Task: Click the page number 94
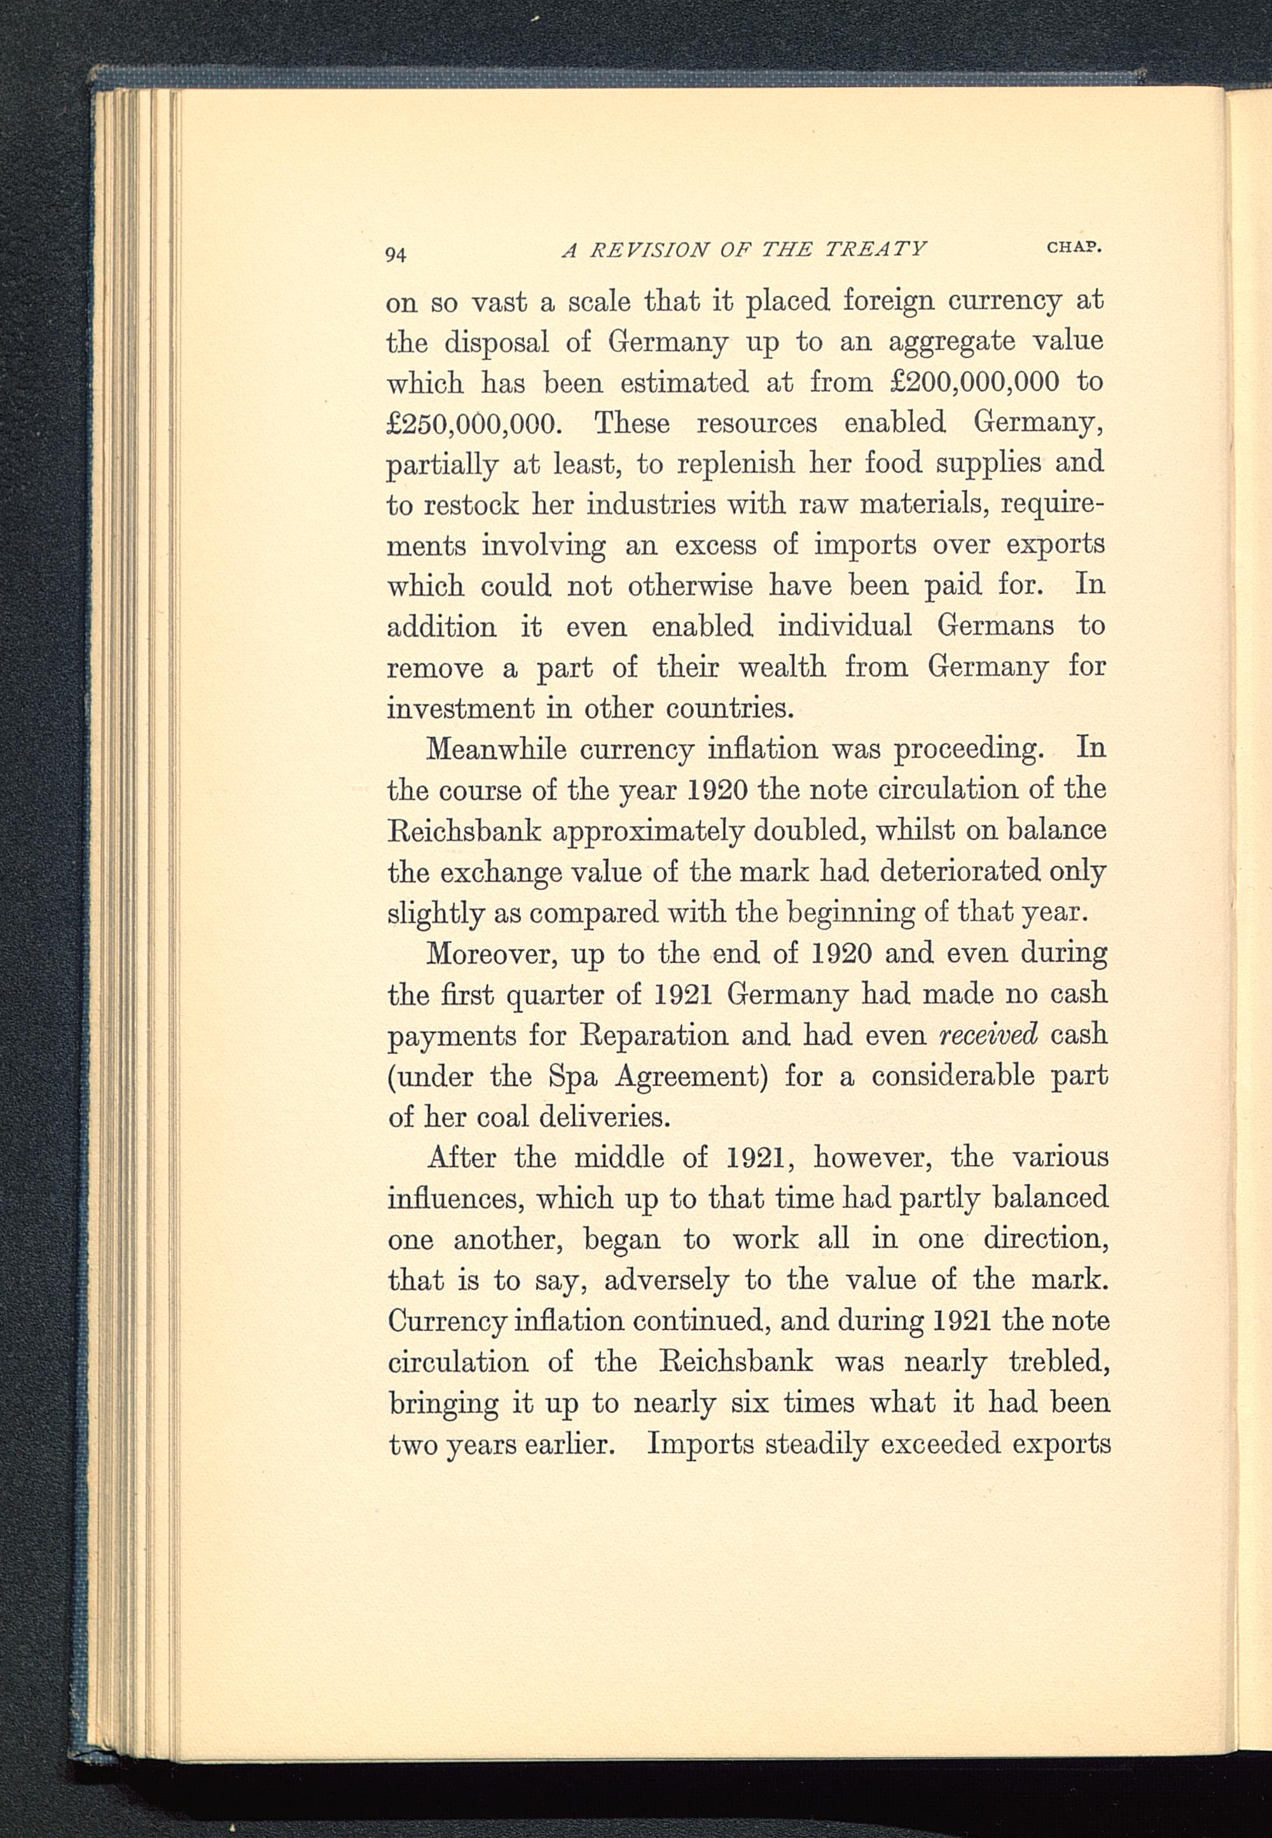tap(396, 254)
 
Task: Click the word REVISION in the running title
tap(648, 250)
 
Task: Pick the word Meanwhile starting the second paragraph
tap(497, 749)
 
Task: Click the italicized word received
tap(989, 1034)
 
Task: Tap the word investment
tap(459, 708)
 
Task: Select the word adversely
tap(667, 1280)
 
